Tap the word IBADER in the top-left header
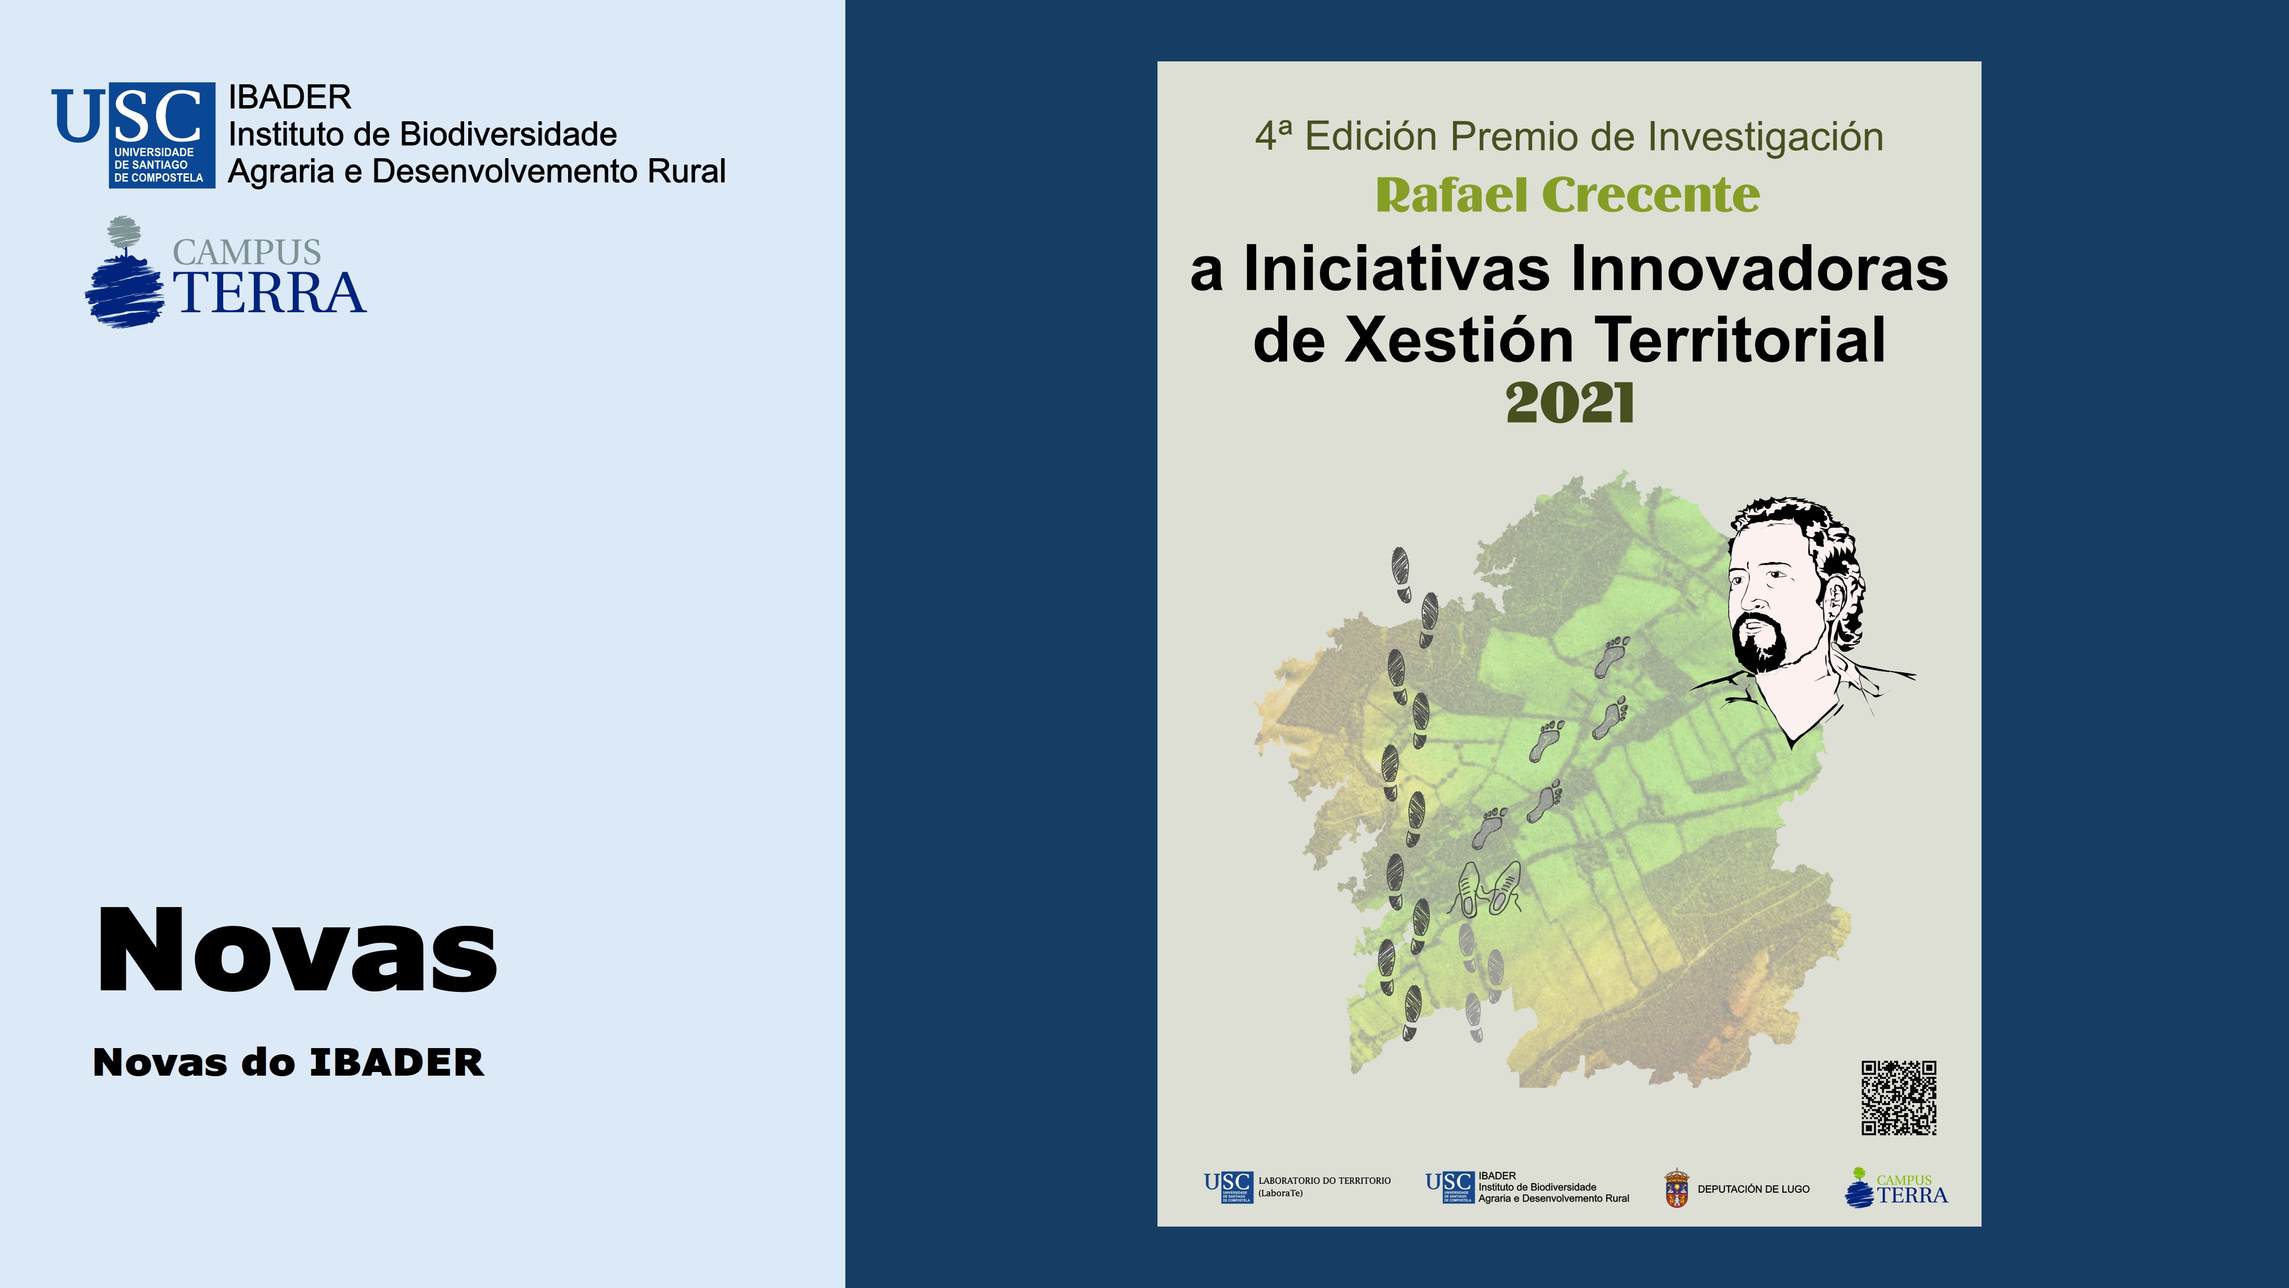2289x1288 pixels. (290, 97)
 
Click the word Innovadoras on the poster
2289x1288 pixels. (1759, 269)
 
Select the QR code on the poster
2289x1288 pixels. (1899, 1098)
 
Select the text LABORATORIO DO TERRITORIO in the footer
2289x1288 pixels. (1324, 1180)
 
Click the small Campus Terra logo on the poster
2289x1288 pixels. (1896, 1188)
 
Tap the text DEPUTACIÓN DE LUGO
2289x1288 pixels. (1753, 1189)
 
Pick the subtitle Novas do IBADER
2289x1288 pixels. (289, 1063)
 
